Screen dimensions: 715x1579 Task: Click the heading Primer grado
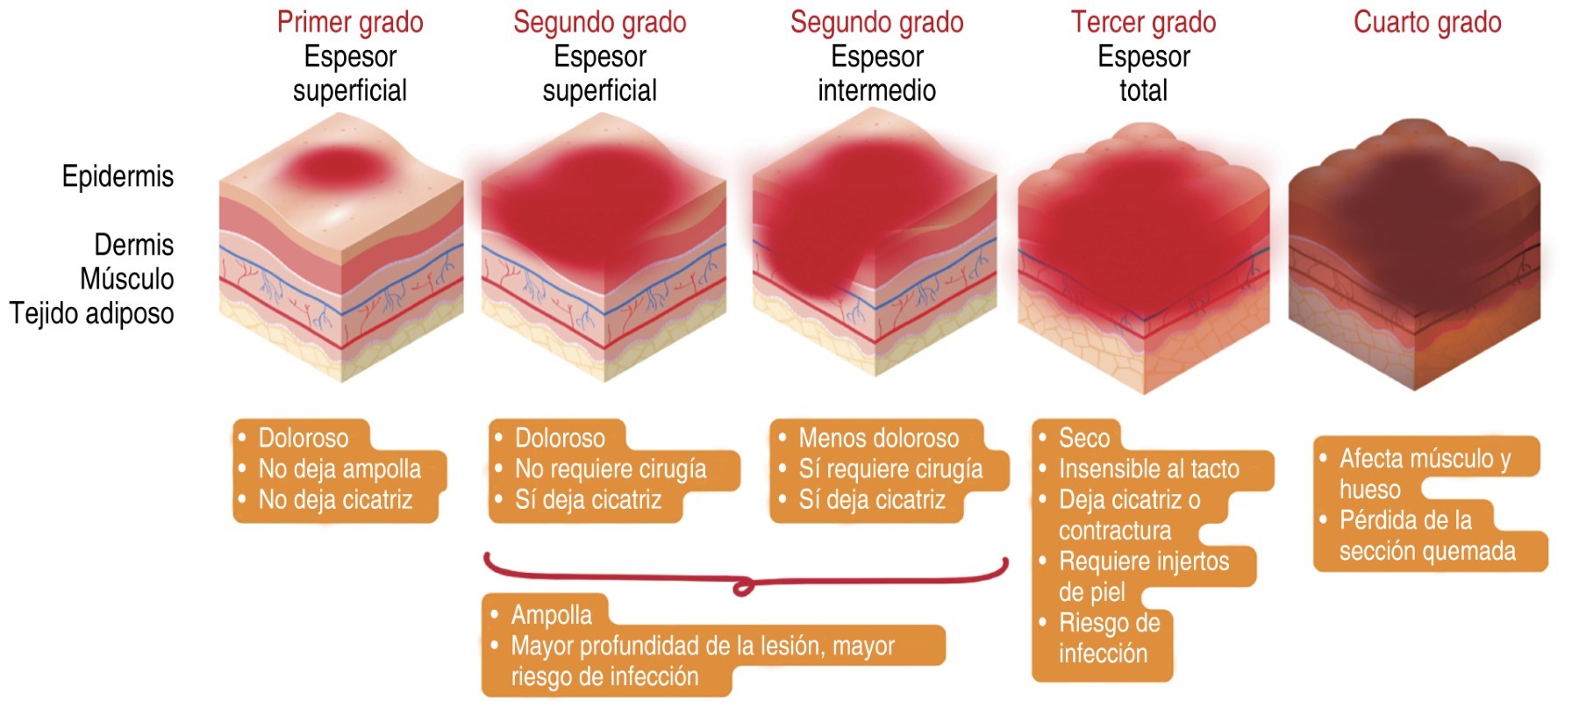point(350,23)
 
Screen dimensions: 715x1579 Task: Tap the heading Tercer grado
point(1143,23)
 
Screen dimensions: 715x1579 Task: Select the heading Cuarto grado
point(1427,23)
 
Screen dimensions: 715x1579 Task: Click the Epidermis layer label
point(118,176)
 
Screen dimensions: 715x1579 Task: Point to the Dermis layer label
point(133,245)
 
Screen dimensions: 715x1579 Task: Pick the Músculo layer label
point(126,279)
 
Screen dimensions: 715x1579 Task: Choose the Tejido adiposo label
point(91,313)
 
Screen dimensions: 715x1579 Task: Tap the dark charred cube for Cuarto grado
point(1414,254)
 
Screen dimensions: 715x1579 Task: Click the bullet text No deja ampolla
point(339,469)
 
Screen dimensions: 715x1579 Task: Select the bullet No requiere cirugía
point(611,469)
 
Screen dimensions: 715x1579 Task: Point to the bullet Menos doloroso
point(878,438)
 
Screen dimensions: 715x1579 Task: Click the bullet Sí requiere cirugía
point(890,469)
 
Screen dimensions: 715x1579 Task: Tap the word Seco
point(1084,438)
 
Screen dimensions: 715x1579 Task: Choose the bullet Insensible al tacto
point(1149,469)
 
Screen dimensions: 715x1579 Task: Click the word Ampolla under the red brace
point(551,615)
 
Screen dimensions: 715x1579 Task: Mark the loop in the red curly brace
point(743,586)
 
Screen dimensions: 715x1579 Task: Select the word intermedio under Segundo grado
point(876,90)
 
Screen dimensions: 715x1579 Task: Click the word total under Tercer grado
point(1143,90)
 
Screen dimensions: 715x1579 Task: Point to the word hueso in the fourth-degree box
point(1369,490)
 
